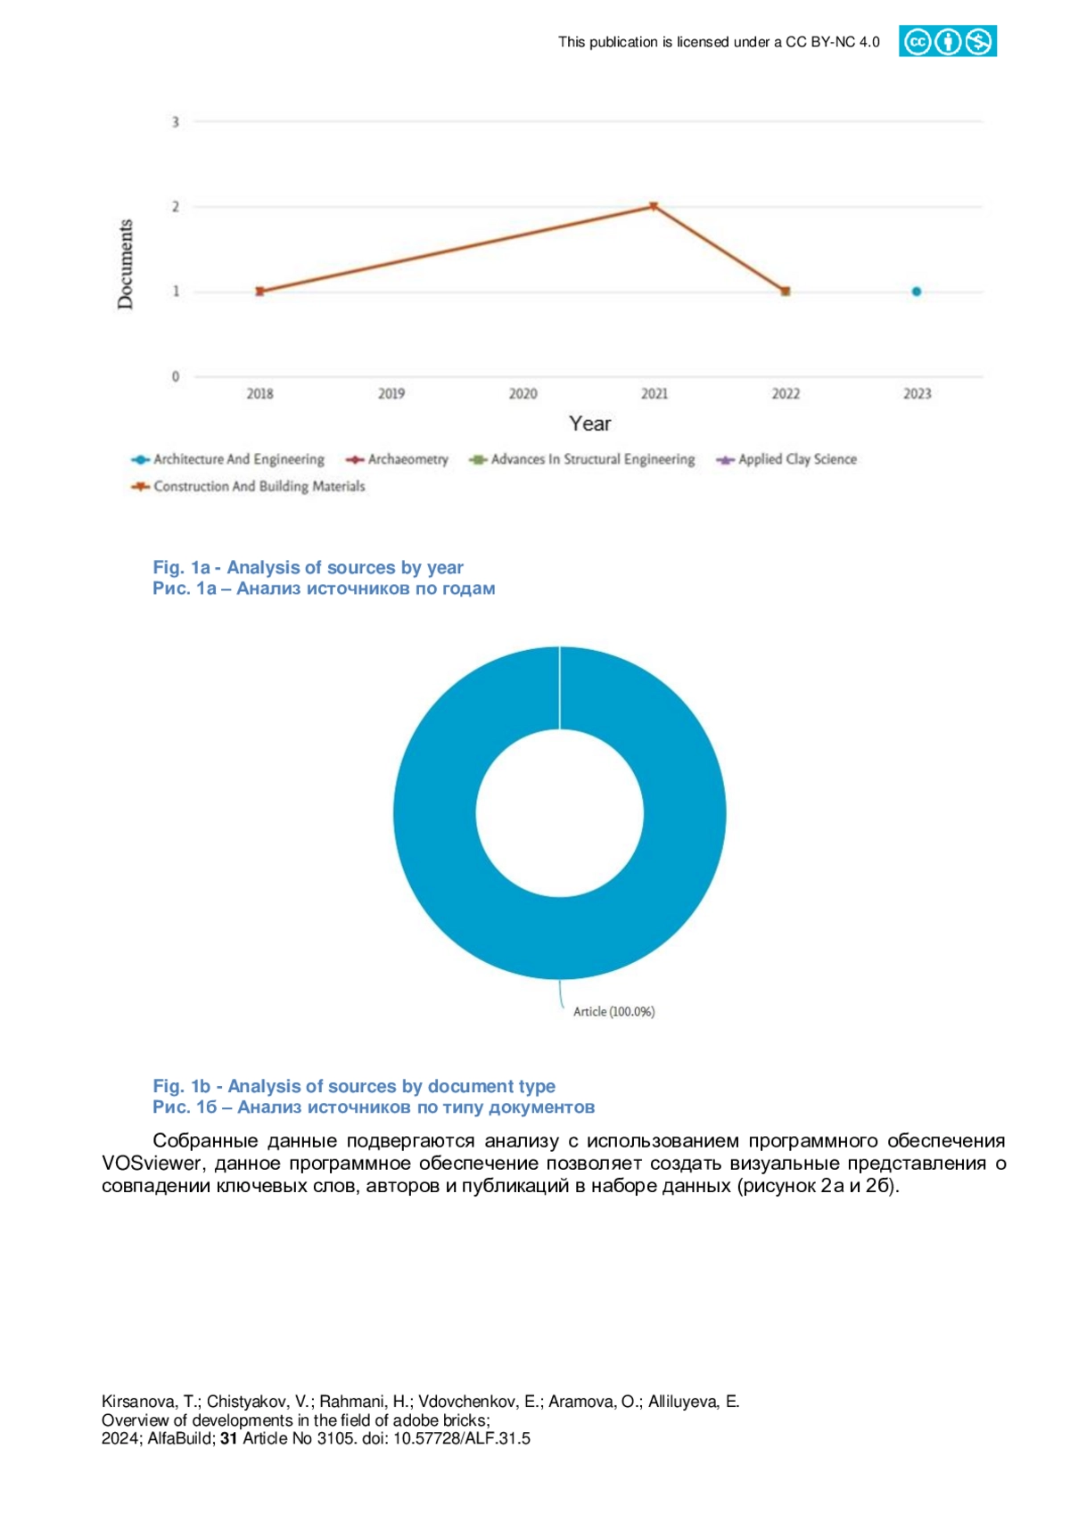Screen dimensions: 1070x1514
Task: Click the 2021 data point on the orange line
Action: [x=654, y=206]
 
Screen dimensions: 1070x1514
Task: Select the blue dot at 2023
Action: [x=917, y=292]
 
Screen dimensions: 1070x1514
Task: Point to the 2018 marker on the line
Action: [x=260, y=292]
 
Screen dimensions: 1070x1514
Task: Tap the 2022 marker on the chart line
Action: [x=786, y=292]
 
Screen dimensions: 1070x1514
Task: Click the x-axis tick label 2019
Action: [x=391, y=393]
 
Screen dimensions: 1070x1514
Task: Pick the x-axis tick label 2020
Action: [x=523, y=393]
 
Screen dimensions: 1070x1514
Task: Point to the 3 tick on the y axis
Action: [x=175, y=121]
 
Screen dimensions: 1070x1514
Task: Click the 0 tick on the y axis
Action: [x=175, y=376]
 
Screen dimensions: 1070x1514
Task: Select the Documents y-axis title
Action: [x=125, y=264]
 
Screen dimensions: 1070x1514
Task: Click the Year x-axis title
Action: [x=589, y=424]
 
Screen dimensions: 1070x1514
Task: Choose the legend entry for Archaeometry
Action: [x=397, y=459]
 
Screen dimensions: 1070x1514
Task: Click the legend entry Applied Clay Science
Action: [x=786, y=459]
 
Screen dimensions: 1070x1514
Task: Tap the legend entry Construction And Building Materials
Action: [x=248, y=486]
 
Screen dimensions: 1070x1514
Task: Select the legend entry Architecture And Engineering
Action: [x=227, y=459]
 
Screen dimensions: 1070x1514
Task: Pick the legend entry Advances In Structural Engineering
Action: [x=582, y=459]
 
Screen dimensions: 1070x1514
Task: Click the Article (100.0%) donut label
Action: [x=613, y=1011]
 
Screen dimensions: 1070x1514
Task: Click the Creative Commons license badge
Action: [x=947, y=41]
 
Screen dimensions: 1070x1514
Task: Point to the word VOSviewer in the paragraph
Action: [x=152, y=1163]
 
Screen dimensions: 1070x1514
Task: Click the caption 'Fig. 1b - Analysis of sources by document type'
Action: [x=354, y=1085]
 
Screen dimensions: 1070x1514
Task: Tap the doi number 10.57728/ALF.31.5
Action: [x=462, y=1438]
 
